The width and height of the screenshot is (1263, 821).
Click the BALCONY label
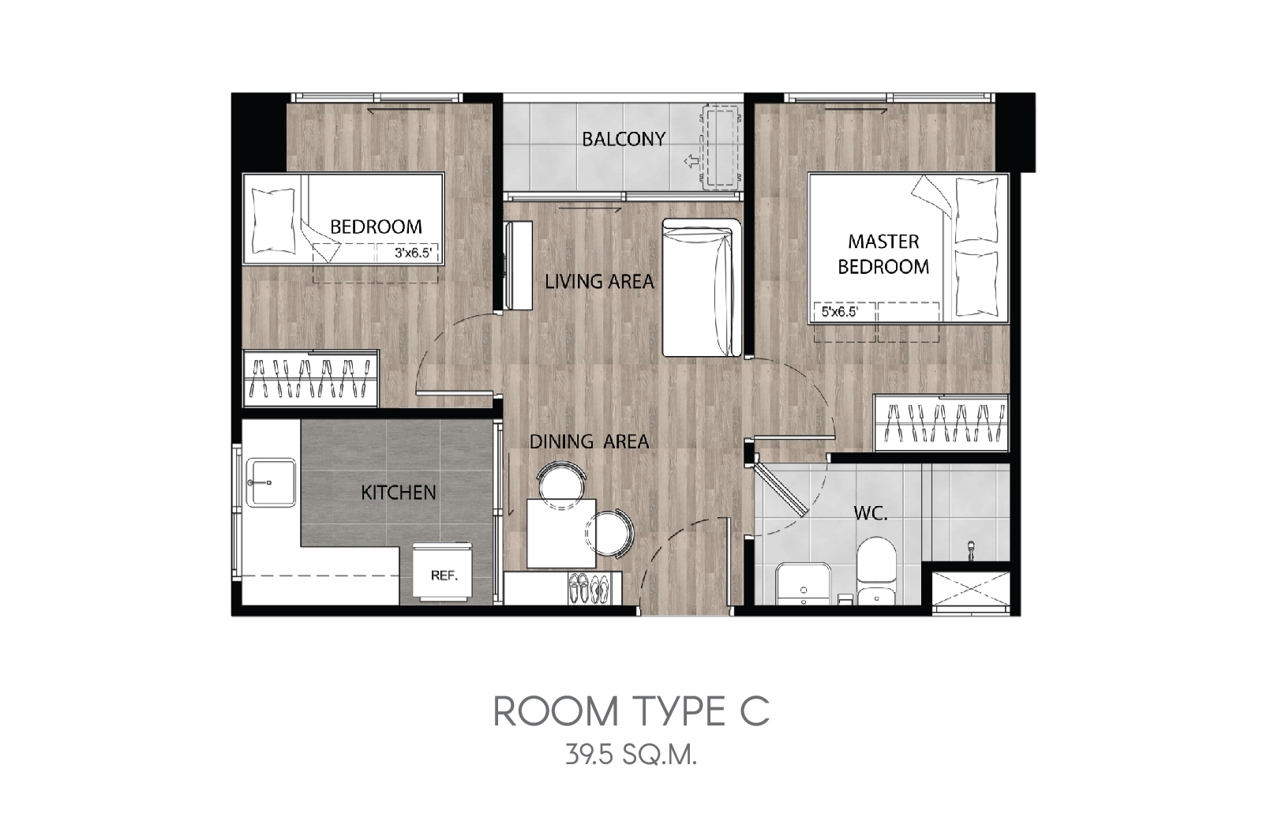624,139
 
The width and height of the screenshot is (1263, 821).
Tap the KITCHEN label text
398,493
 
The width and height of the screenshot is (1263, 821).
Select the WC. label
871,513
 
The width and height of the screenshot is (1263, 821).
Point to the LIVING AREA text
599,281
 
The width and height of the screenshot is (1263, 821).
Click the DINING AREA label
589,441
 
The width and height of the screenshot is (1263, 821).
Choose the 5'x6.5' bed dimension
840,312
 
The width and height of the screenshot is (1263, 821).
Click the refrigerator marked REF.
443,571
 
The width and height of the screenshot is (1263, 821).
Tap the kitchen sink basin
271,482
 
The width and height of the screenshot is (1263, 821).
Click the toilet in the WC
876,569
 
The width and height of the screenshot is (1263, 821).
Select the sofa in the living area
702,287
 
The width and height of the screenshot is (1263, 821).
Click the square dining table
561,533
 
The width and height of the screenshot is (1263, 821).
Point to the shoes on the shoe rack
589,588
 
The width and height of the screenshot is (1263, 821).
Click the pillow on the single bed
273,220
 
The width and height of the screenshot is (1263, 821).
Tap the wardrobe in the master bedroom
941,423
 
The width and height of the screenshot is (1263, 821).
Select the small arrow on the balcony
691,162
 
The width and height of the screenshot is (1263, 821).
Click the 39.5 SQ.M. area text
631,755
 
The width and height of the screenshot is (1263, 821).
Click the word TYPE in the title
679,711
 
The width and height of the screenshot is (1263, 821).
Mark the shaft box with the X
970,589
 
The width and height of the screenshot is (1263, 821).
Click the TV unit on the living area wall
518,265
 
